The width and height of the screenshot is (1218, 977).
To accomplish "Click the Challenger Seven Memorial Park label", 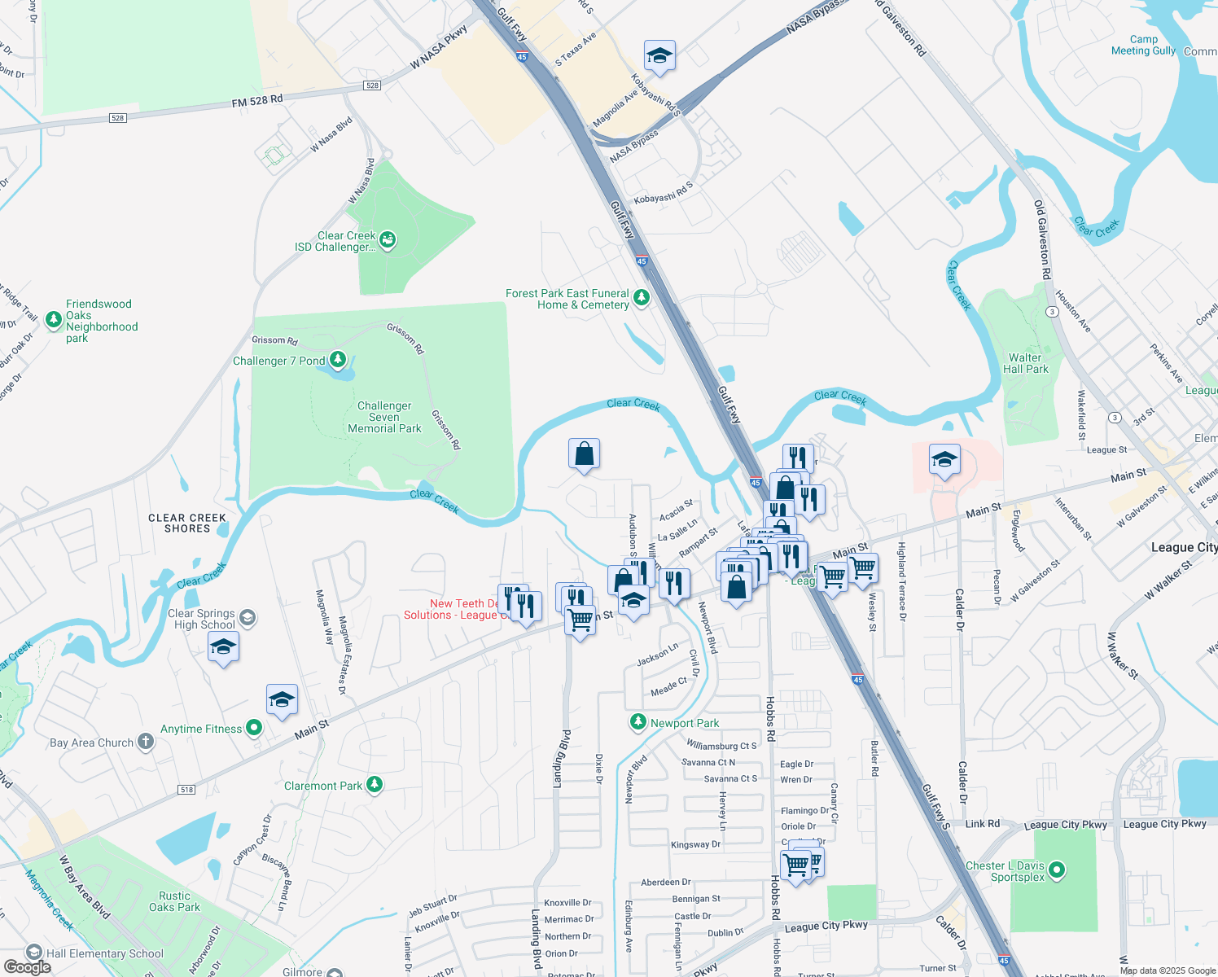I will [384, 417].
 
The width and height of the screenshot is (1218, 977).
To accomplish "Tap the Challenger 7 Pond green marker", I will [337, 360].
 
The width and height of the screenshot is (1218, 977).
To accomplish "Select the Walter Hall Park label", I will [1026, 363].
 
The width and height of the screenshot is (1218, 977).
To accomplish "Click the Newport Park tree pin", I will [638, 722].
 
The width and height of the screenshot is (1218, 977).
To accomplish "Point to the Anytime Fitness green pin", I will [254, 728].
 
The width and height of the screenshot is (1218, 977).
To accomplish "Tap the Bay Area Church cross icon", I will [146, 741].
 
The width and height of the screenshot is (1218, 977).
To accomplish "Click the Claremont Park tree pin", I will [375, 785].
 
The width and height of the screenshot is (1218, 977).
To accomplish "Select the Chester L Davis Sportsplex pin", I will [1057, 870].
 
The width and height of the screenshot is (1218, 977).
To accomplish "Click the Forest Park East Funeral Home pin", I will [642, 298].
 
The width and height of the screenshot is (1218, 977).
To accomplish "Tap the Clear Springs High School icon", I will [248, 619].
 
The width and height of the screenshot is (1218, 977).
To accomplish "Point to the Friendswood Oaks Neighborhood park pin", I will [54, 320].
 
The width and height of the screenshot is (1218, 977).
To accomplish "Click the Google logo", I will [28, 967].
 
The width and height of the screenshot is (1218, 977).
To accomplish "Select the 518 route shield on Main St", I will [187, 790].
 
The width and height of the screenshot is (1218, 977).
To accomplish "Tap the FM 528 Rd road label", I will [257, 101].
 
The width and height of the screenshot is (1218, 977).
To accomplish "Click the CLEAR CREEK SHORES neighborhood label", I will [187, 523].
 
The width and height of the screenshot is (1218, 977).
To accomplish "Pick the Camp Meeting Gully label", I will [1143, 45].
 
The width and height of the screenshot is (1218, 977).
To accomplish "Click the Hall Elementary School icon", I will [34, 952].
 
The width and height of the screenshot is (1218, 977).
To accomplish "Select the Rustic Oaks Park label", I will [174, 901].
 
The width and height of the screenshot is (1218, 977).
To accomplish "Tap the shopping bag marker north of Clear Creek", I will [584, 454].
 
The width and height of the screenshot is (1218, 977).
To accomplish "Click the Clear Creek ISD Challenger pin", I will [388, 240].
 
